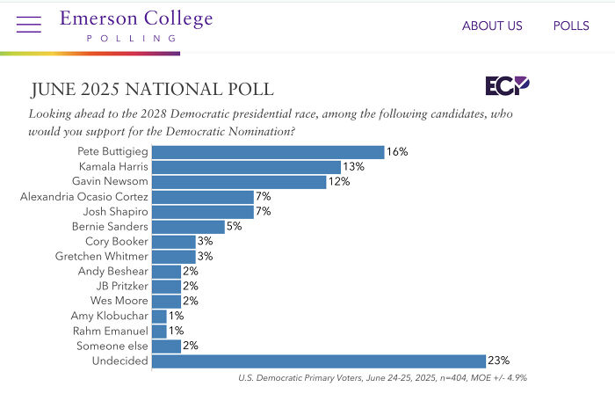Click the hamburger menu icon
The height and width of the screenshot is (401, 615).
(28, 25)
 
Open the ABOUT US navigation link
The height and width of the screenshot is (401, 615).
(492, 26)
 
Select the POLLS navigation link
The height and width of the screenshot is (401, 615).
(571, 26)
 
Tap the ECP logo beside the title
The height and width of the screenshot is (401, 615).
(508, 86)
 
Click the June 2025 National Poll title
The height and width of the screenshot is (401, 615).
(152, 90)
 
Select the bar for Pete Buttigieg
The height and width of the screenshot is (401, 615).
(268, 152)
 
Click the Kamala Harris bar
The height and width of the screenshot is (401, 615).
(246, 167)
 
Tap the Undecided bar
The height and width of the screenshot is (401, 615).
(319, 361)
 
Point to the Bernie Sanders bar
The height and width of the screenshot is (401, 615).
(188, 227)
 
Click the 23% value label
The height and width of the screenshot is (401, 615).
(499, 361)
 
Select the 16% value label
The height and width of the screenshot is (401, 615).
(397, 152)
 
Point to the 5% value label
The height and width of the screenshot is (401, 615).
(235, 227)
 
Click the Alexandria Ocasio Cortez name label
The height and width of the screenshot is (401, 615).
(83, 197)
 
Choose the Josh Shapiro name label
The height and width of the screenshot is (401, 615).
(115, 212)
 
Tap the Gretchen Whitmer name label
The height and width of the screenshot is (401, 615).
(102, 256)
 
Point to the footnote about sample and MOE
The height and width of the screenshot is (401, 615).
(382, 378)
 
